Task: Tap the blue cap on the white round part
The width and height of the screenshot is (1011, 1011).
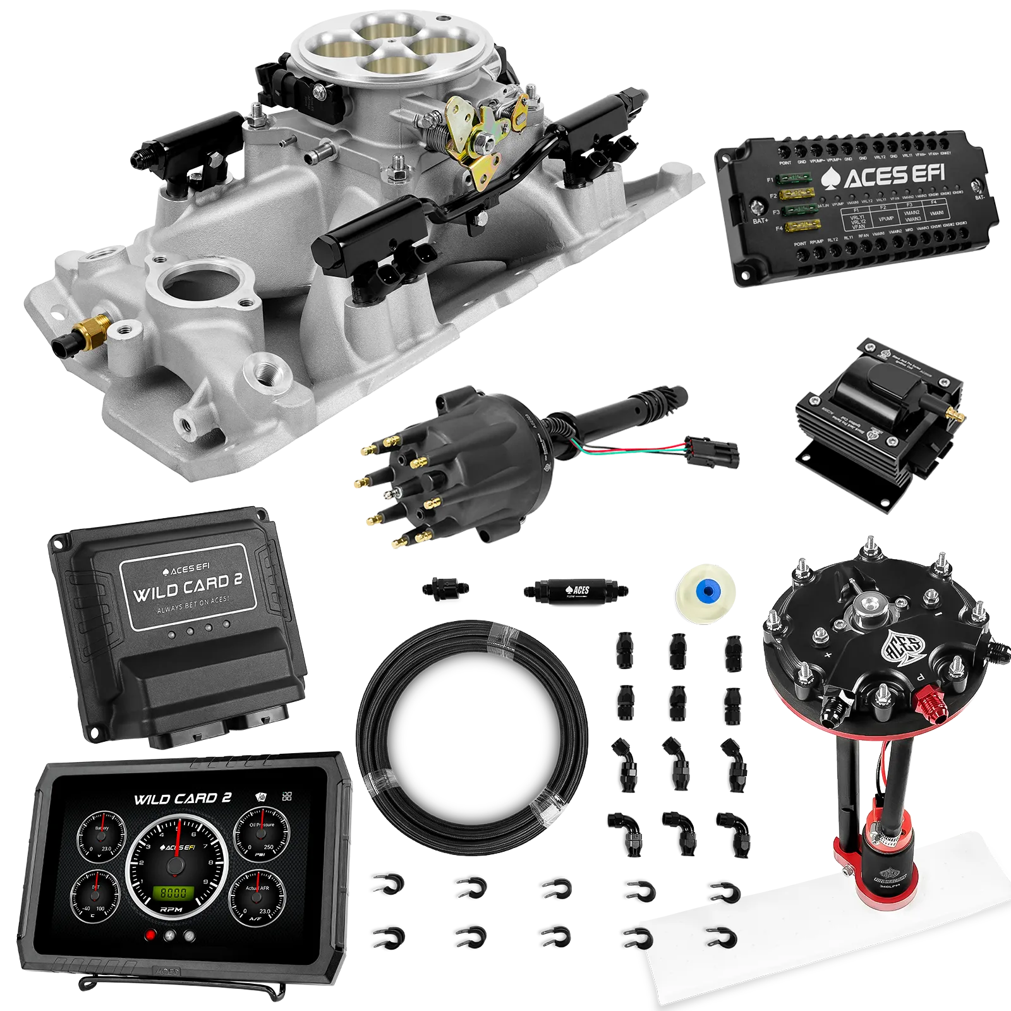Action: tap(706, 591)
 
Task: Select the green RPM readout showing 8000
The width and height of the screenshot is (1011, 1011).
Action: tap(173, 893)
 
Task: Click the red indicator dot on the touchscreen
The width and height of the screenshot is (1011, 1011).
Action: tap(150, 936)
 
